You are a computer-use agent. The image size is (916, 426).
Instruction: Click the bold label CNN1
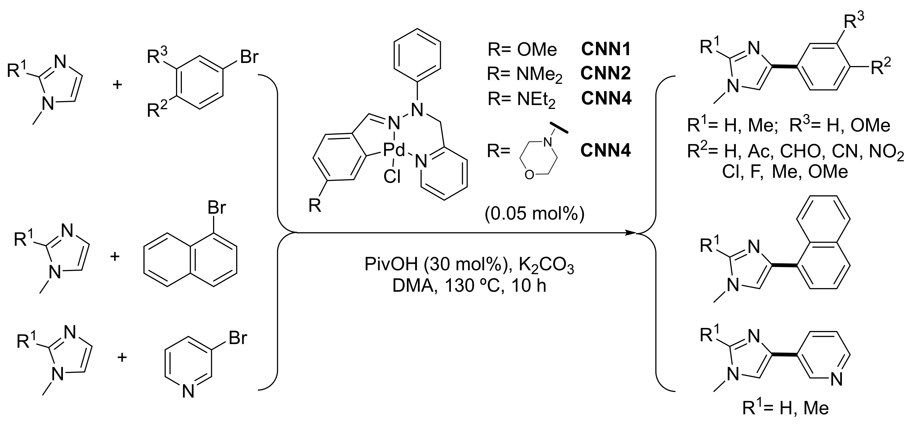point(605,49)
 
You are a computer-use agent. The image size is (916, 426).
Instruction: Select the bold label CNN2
point(605,73)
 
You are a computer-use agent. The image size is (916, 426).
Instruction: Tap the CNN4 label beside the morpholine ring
point(605,150)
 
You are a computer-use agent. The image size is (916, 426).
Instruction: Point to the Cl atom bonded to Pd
point(392,176)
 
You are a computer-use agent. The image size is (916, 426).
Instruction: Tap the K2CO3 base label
point(546,265)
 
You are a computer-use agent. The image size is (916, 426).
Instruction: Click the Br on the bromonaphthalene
point(217,207)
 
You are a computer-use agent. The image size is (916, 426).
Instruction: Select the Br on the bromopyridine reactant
point(238,337)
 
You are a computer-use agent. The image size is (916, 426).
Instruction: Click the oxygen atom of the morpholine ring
point(529,175)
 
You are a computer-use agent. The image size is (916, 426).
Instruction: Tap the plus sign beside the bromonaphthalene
point(114,256)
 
